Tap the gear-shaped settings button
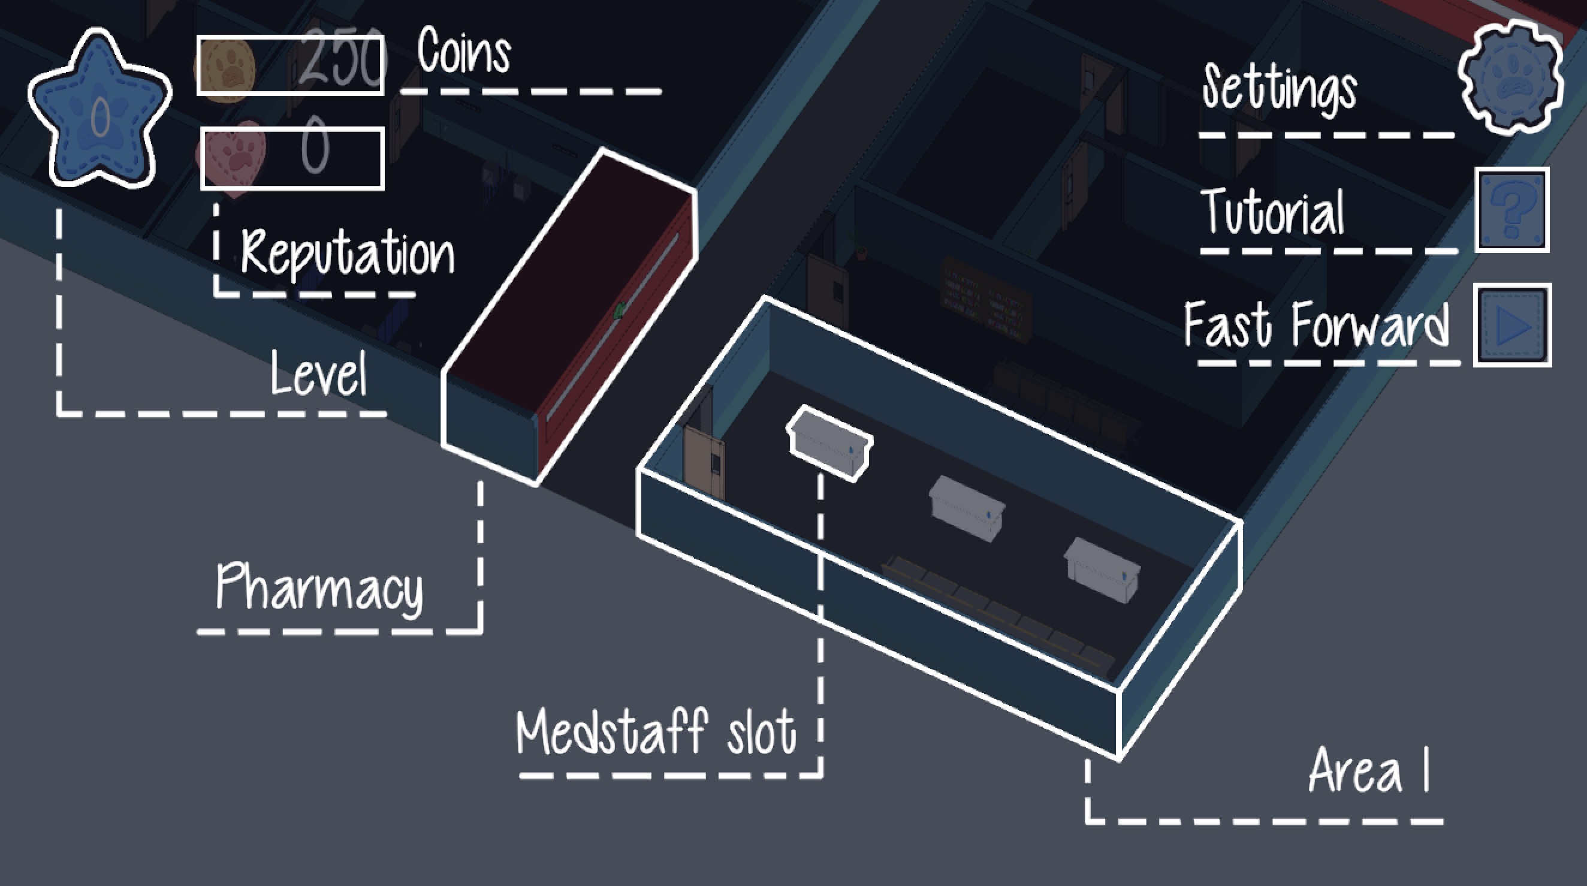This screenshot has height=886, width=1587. point(1510,76)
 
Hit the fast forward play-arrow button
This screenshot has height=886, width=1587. point(1513,325)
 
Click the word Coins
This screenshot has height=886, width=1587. point(464,51)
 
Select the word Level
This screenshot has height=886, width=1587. point(318,373)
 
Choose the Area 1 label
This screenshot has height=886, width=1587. point(1368,770)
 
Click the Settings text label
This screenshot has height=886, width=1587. point(1280,89)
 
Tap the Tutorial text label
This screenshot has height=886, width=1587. point(1273,211)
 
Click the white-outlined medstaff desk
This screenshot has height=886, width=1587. point(829,441)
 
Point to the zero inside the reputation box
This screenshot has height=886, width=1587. point(315,147)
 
